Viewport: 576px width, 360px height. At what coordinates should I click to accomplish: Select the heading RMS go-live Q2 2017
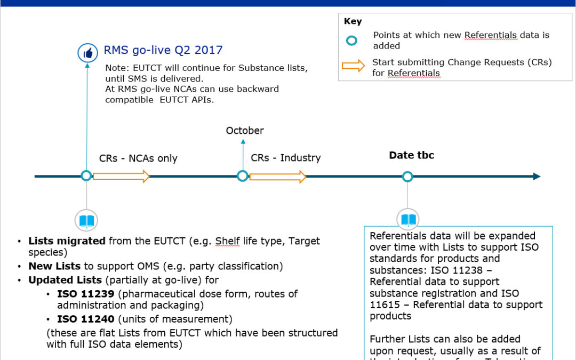pyautogui.click(x=163, y=50)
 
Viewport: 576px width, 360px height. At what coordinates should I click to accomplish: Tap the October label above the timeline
pyautogui.click(x=245, y=131)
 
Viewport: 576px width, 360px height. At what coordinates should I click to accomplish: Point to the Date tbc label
pyautogui.click(x=411, y=155)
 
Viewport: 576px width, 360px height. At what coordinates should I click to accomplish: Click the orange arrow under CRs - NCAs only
pyautogui.click(x=121, y=176)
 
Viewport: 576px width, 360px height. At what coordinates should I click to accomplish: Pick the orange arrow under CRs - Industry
pyautogui.click(x=278, y=176)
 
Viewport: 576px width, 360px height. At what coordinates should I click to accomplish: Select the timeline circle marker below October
pyautogui.click(x=243, y=176)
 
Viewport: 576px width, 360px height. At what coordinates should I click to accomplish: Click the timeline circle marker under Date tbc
pyautogui.click(x=407, y=177)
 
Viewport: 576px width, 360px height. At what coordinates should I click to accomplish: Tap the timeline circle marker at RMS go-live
pyautogui.click(x=86, y=176)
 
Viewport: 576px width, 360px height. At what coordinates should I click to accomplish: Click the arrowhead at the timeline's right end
pyautogui.click(x=536, y=177)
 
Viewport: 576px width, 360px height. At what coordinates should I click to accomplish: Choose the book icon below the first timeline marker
pyautogui.click(x=86, y=220)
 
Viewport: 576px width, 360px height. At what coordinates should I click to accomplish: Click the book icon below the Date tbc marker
pyautogui.click(x=408, y=220)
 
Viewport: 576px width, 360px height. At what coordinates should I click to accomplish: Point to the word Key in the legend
pyautogui.click(x=353, y=22)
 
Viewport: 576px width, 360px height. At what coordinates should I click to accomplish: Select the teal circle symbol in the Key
pyautogui.click(x=352, y=41)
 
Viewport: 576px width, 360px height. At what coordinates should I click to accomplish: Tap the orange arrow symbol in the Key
pyautogui.click(x=353, y=67)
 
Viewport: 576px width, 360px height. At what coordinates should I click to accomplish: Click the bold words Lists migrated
pyautogui.click(x=67, y=241)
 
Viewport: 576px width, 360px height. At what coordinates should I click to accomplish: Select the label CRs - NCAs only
pyautogui.click(x=138, y=158)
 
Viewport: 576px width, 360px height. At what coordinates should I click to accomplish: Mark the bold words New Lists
pyautogui.click(x=54, y=266)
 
